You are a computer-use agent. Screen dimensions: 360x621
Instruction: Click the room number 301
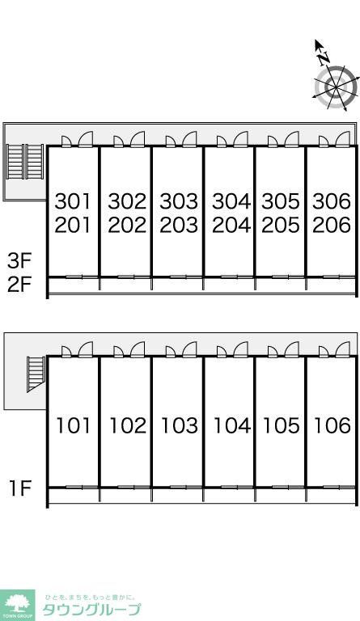[73, 201]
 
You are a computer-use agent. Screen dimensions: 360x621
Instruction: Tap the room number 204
[231, 225]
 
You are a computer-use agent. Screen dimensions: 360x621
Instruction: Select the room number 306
[332, 201]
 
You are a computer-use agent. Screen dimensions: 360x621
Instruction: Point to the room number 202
[127, 225]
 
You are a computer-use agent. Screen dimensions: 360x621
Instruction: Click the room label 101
[74, 426]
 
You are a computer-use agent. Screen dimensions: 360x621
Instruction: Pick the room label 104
[232, 426]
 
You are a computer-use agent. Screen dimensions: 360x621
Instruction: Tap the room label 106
[332, 426]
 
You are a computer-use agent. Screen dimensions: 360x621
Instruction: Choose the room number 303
[179, 201]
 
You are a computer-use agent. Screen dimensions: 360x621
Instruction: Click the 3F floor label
[19, 261]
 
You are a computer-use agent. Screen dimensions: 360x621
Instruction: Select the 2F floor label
[19, 285]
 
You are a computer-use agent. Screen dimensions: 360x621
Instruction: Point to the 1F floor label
[20, 488]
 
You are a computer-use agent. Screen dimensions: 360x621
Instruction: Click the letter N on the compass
[324, 58]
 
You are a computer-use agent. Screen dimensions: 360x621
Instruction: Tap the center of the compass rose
[336, 87]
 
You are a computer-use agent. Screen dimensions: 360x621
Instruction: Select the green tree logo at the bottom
[18, 605]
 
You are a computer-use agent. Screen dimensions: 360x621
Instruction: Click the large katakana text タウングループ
[91, 610]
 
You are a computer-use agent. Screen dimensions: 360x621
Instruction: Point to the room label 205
[281, 225]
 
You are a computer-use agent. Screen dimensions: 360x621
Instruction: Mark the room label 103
[180, 426]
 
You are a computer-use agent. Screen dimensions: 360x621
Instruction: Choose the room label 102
[128, 426]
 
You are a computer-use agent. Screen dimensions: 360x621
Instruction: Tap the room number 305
[281, 201]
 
